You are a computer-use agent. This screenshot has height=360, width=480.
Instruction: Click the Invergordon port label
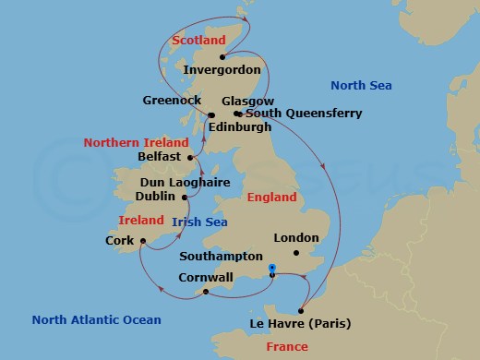222,69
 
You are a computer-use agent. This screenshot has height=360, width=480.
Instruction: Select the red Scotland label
199,41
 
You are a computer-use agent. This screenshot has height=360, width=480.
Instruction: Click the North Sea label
361,86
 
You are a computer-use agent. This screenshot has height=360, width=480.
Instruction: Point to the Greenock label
174,100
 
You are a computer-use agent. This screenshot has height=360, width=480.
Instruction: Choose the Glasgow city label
248,101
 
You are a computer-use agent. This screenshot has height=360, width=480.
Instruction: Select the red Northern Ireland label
136,142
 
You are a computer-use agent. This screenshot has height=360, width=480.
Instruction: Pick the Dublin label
155,196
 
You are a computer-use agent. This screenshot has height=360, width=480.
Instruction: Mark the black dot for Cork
143,242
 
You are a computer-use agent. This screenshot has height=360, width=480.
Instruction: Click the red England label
271,198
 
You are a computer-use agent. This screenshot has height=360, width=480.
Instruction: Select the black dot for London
295,252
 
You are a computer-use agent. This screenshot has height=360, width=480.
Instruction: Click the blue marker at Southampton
271,269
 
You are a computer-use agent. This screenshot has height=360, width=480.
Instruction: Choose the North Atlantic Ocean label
96,320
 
